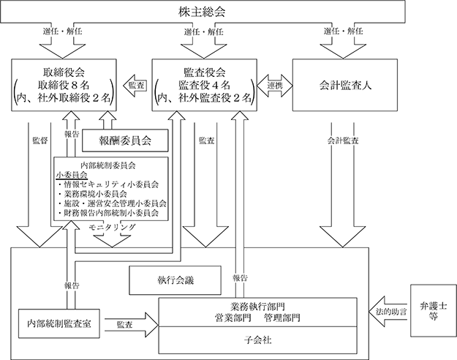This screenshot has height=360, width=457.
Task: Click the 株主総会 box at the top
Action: click(203, 12)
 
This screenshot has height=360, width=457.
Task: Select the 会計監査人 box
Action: click(345, 85)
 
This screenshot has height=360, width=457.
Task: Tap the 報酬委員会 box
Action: click(125, 140)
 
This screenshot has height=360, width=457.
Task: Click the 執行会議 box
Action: click(175, 280)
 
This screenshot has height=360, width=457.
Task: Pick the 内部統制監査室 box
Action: click(59, 323)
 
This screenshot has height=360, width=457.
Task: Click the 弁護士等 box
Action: click(434, 311)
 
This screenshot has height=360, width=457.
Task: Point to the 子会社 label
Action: click(257, 340)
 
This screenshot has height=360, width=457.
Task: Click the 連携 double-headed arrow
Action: click(275, 86)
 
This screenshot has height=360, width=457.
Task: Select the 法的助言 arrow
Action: click(388, 312)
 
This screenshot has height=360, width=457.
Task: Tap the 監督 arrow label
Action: click(40, 140)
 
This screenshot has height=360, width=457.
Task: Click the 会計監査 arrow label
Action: click(343, 140)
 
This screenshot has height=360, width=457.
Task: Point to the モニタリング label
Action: click(112, 227)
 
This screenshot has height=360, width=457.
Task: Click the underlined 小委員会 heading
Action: click(72, 175)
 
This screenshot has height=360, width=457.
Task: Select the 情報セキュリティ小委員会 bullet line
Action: click(108, 184)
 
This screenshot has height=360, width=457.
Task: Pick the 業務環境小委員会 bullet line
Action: click(92, 194)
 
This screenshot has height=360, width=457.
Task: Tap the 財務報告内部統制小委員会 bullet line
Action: click(108, 213)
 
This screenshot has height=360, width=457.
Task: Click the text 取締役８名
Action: click(64, 85)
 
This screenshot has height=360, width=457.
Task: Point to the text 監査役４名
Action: click(204, 85)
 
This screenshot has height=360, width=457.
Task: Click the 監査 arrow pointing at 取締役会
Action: click(134, 86)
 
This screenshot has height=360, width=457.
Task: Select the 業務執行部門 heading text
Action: click(257, 307)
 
